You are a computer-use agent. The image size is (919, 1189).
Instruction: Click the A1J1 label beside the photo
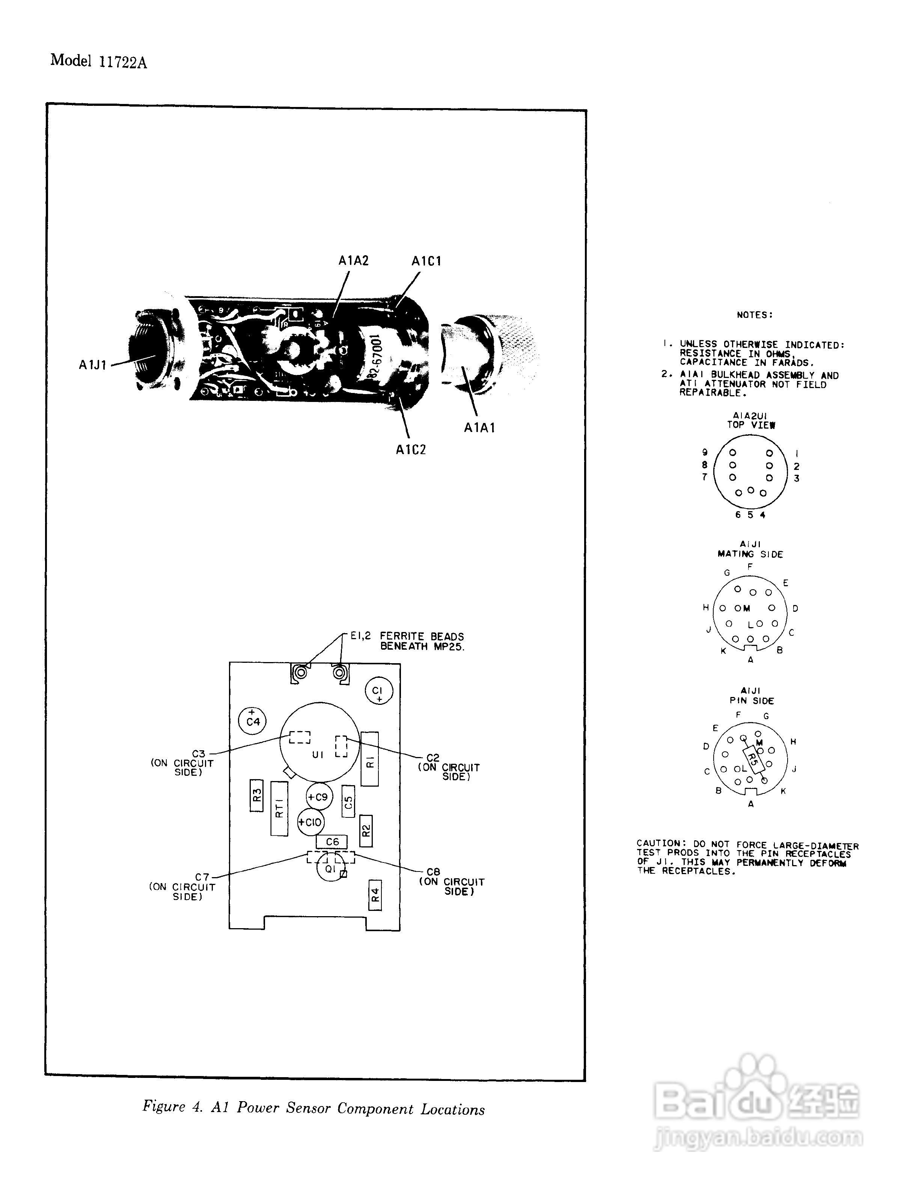click(x=93, y=365)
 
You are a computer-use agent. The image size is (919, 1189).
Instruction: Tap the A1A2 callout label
click(x=353, y=261)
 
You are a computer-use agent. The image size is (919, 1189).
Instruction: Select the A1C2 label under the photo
click(x=410, y=450)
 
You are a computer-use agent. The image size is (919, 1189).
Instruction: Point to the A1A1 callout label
click(x=479, y=428)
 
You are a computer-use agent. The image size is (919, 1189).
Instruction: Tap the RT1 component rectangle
click(x=279, y=808)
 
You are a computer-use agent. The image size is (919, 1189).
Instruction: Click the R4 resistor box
click(x=375, y=894)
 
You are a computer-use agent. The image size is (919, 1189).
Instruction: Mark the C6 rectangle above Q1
click(x=331, y=842)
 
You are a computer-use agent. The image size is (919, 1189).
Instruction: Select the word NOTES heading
click(x=755, y=315)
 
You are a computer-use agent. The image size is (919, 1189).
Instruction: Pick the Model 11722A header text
click(x=98, y=61)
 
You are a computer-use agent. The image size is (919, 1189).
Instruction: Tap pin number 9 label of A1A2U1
click(x=705, y=452)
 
